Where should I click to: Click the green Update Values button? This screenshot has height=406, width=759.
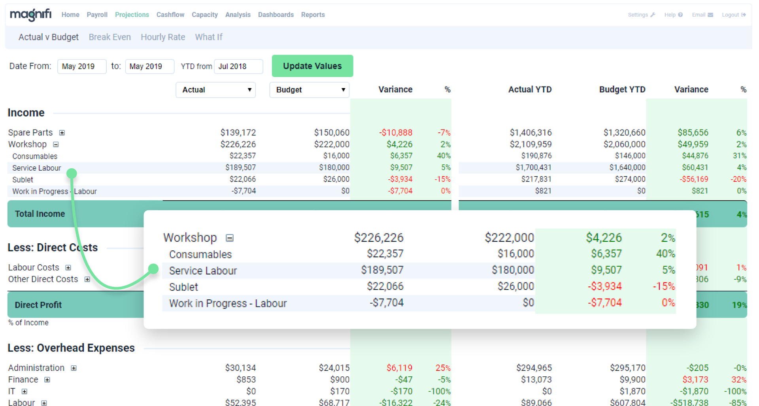(x=312, y=66)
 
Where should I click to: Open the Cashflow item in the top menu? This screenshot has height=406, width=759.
(x=170, y=15)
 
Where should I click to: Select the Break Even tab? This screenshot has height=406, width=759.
(x=110, y=37)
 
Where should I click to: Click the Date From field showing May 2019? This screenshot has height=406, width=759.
(x=81, y=66)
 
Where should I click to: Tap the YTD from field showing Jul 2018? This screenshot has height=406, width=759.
(x=238, y=66)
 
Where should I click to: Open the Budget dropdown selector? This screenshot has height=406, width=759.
(x=309, y=90)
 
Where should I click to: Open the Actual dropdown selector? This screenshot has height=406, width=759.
(x=215, y=90)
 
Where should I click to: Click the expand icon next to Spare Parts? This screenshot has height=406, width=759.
(x=62, y=133)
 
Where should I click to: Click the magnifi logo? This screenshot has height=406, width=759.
(x=31, y=15)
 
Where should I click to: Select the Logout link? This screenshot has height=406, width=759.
(x=733, y=15)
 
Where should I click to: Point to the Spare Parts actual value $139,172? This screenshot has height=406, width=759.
(x=238, y=132)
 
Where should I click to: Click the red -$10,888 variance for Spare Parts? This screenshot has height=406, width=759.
(x=395, y=132)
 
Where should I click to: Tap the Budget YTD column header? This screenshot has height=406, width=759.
(x=622, y=90)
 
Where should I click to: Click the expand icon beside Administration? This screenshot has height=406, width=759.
(x=74, y=368)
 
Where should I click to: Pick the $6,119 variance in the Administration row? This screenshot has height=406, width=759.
(x=399, y=368)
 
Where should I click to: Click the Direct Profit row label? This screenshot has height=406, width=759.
(x=38, y=305)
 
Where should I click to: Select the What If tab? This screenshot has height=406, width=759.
(x=208, y=37)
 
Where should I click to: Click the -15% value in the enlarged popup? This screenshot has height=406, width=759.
(x=664, y=286)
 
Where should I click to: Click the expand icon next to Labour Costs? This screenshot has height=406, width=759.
(x=68, y=268)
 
